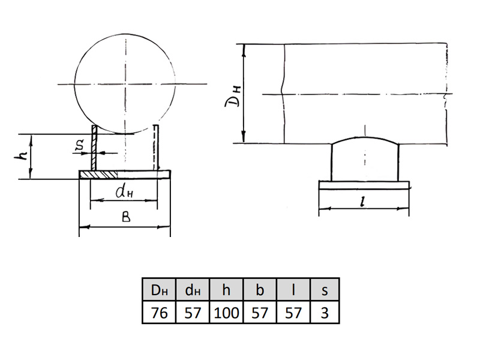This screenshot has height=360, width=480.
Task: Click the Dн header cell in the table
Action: [x=159, y=289]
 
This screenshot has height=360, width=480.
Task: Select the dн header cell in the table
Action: [x=193, y=289]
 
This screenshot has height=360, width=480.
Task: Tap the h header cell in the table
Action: [x=226, y=289]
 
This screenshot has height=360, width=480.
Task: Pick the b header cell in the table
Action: [x=260, y=289]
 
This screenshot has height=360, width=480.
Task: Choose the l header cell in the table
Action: [x=293, y=289]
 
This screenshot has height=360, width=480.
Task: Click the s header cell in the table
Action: [x=325, y=289]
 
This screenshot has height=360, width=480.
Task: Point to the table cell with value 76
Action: [x=159, y=312]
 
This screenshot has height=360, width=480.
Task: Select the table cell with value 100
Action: [x=226, y=312]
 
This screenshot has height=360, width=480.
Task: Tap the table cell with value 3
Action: [x=325, y=312]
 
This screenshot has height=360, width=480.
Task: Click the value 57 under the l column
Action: [x=293, y=312]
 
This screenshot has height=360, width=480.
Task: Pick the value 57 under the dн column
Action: [x=193, y=312]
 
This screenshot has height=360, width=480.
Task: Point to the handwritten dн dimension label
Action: [x=124, y=191]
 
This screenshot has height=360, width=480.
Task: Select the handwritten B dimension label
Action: [x=126, y=217]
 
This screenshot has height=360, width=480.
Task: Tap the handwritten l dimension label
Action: [x=364, y=202]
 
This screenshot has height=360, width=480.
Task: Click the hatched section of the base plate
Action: [x=98, y=175]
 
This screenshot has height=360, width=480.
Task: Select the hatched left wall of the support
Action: [x=94, y=148]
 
